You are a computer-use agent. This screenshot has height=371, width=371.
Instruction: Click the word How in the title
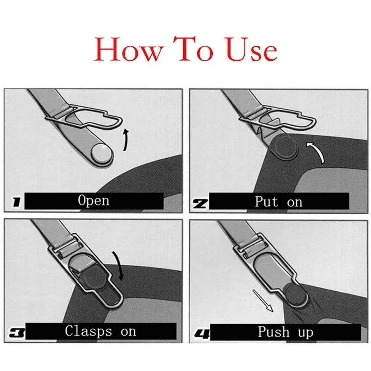(126, 50)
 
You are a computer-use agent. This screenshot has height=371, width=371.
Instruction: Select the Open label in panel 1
(94, 201)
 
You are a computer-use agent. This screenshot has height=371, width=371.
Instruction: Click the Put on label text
(278, 202)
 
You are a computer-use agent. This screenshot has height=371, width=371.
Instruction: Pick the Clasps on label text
(101, 331)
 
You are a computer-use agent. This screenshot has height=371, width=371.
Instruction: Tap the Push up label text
(285, 332)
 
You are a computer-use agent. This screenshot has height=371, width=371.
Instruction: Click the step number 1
(16, 202)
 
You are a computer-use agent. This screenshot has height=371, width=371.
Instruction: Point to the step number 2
(201, 203)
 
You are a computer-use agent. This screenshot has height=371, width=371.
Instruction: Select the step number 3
(16, 333)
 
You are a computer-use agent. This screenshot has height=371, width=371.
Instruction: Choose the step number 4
(200, 333)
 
